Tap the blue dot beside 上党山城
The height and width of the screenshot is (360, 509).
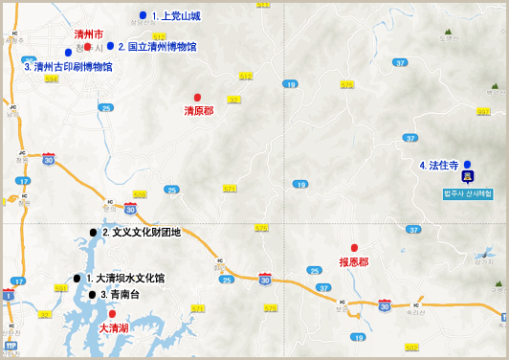tap(143, 15)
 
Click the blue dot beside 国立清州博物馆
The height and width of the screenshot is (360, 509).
tap(110, 46)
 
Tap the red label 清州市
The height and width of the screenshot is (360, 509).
tap(88, 34)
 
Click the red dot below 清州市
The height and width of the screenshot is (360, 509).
tap(88, 46)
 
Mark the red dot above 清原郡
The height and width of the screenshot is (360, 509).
tap(197, 98)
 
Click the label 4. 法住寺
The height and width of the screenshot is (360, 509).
tap(439, 166)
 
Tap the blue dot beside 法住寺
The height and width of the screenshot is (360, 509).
tap(467, 165)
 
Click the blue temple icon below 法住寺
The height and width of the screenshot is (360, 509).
tap(467, 178)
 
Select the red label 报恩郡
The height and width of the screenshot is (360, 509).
tap(354, 261)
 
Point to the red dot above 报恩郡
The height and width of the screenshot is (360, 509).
tap(354, 247)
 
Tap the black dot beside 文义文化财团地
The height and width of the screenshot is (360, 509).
tap(94, 233)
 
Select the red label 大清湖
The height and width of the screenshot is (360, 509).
tap(114, 327)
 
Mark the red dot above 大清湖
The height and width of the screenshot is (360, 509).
tap(112, 313)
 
